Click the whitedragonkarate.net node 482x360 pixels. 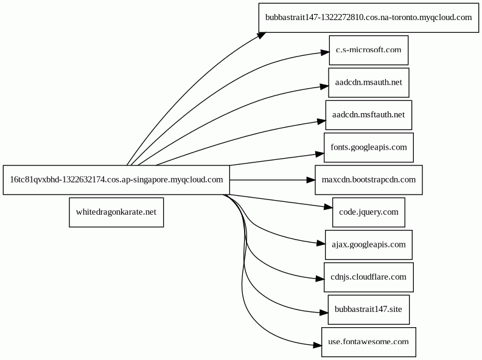pyautogui.click(x=116, y=212)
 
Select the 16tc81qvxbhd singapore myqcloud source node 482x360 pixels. pyautogui.click(x=116, y=179)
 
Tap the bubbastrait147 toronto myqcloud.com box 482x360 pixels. pyautogui.click(x=369, y=18)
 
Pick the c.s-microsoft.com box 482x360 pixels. pyautogui.click(x=369, y=50)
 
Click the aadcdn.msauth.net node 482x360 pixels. pyautogui.click(x=369, y=83)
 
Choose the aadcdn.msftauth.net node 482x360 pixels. pyautogui.click(x=369, y=115)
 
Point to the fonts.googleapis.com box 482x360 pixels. pyautogui.click(x=369, y=147)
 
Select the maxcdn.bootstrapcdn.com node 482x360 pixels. pyautogui.click(x=369, y=179)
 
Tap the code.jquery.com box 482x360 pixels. pyautogui.click(x=369, y=212)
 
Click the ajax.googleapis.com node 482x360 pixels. pyautogui.click(x=369, y=245)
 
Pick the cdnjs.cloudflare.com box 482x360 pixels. pyautogui.click(x=369, y=277)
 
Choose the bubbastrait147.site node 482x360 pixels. pyautogui.click(x=369, y=310)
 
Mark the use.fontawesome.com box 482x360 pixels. pyautogui.click(x=369, y=342)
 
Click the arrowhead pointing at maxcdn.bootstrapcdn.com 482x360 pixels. pyautogui.click(x=311, y=179)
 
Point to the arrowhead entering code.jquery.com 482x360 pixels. pyautogui.click(x=328, y=207)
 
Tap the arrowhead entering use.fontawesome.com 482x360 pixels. pyautogui.click(x=318, y=345)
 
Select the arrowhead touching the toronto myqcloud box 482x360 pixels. pyautogui.click(x=262, y=35)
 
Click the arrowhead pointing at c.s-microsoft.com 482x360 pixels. pyautogui.click(x=325, y=53)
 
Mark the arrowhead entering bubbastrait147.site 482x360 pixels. pyautogui.click(x=324, y=313)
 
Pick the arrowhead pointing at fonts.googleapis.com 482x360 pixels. pyautogui.click(x=320, y=153)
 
